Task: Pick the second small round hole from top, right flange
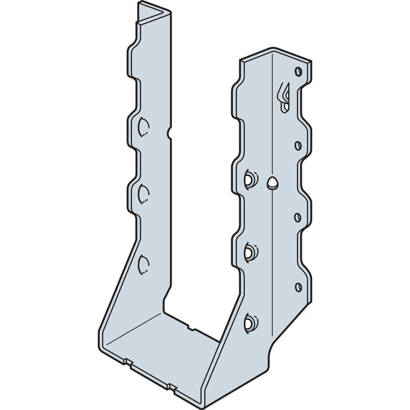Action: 298,145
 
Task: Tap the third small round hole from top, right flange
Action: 298,216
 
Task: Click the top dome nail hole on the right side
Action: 249,180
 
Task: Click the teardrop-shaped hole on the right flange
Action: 272,183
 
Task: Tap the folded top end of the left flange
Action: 154,14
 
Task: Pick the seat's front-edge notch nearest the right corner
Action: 171,386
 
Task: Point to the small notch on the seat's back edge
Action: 189,327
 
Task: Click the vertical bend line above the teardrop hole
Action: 273,123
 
